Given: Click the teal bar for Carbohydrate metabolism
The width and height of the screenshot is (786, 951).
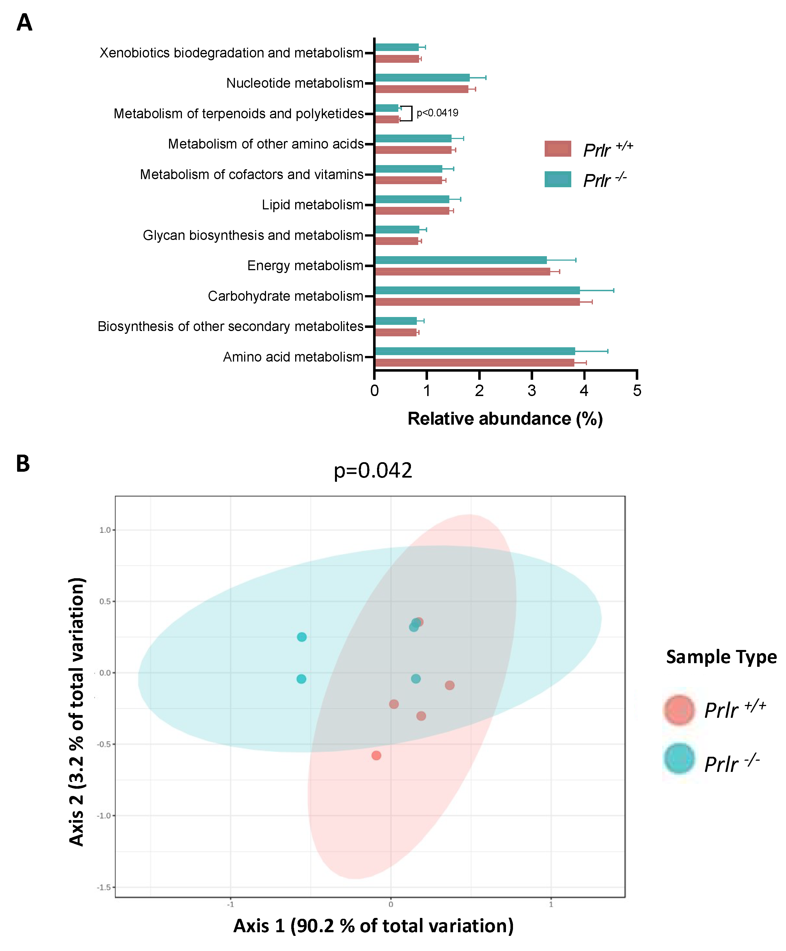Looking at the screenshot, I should [477, 290].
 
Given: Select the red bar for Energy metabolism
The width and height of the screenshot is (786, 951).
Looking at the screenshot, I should [462, 272].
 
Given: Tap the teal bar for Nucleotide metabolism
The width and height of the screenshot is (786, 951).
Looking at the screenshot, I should [422, 77].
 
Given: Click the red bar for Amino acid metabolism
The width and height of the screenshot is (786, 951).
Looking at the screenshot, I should [475, 363].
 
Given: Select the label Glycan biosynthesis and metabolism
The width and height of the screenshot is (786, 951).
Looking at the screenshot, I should [253, 235].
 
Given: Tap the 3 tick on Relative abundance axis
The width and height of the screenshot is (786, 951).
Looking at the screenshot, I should [531, 390].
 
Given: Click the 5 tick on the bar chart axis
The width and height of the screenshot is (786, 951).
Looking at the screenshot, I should [637, 390].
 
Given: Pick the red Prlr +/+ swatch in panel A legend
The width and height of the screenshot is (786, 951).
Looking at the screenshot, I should [557, 149].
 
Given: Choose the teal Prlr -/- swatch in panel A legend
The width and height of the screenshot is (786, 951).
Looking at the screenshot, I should [557, 179].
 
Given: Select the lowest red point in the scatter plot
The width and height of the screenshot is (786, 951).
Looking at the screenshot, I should [376, 755].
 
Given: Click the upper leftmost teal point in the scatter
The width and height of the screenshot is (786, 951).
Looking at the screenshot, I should [302, 637].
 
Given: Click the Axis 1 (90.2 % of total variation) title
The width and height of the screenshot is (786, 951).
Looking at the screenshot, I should [373, 926].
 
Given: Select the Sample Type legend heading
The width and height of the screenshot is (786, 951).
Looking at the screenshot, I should [721, 657].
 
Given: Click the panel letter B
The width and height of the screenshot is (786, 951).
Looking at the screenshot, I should [23, 464].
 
